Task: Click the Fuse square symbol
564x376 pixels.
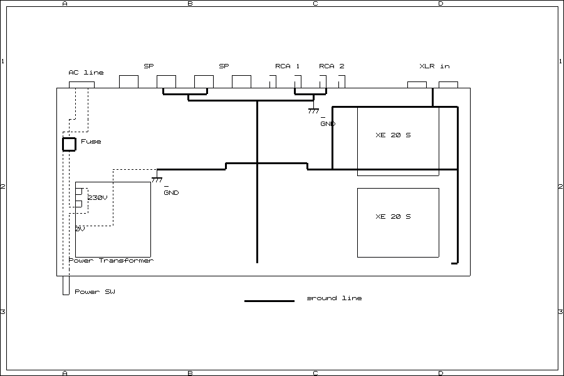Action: [69, 144]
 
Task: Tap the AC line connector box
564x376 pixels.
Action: [81, 85]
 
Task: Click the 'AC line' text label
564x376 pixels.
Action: [86, 73]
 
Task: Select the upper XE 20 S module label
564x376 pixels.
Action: [393, 135]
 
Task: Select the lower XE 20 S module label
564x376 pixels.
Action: [393, 217]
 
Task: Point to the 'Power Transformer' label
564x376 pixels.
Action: [111, 261]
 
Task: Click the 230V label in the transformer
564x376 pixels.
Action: [97, 198]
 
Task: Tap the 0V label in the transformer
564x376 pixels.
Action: [80, 229]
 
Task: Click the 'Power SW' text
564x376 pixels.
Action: [95, 292]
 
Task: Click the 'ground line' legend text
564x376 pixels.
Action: [334, 298]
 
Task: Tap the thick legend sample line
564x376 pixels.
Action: [269, 301]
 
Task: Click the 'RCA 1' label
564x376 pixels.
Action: [288, 66]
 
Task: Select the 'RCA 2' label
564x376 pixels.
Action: [332, 66]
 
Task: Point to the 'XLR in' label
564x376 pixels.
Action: [434, 66]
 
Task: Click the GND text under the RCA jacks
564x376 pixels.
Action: [328, 124]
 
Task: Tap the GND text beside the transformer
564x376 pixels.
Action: [171, 193]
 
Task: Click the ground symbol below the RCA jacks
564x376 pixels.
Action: [313, 111]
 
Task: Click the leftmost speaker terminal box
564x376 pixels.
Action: [128, 81]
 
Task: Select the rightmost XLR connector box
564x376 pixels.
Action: [448, 85]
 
